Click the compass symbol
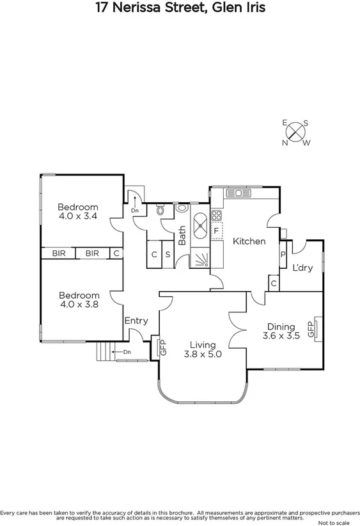[295, 132]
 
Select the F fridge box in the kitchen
[217, 230]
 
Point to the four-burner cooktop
[216, 215]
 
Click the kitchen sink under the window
[240, 193]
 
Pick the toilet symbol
[160, 209]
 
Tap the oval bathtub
[198, 224]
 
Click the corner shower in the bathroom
[200, 259]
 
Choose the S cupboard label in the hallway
[168, 254]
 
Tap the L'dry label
[302, 267]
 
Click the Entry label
[136, 321]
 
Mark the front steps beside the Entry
[104, 351]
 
